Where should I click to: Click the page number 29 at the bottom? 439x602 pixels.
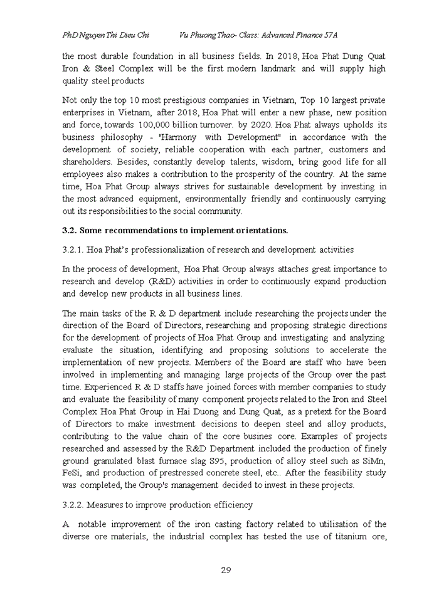[x=226, y=570]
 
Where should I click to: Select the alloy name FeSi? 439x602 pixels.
[x=72, y=473]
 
